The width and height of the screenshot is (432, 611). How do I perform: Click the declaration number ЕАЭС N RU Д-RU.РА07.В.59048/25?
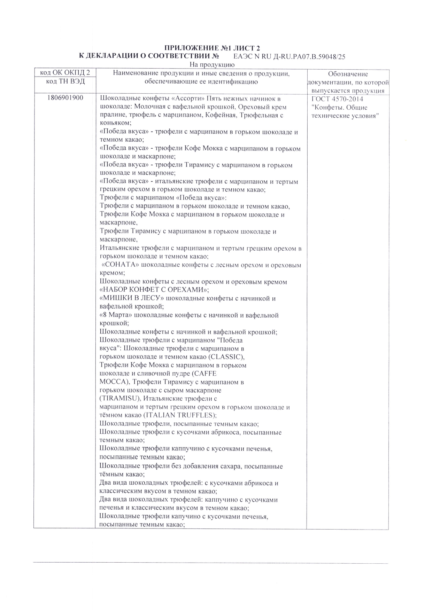pyautogui.click(x=289, y=57)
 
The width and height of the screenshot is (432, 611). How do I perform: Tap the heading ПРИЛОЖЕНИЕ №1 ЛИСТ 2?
pyautogui.click(x=212, y=48)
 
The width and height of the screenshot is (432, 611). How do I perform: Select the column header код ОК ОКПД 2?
pyautogui.click(x=65, y=73)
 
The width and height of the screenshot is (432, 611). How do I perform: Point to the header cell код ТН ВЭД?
pyautogui.click(x=65, y=81)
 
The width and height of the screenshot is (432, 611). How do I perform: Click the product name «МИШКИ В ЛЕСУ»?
pyautogui.click(x=132, y=299)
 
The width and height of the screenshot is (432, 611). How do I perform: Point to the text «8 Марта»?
pyautogui.click(x=116, y=315)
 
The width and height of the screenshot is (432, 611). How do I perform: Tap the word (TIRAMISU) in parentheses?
pyautogui.click(x=120, y=399)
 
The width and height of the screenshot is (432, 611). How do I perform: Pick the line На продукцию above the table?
pyautogui.click(x=212, y=65)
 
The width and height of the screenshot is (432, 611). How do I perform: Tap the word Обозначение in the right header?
pyautogui.click(x=348, y=74)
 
